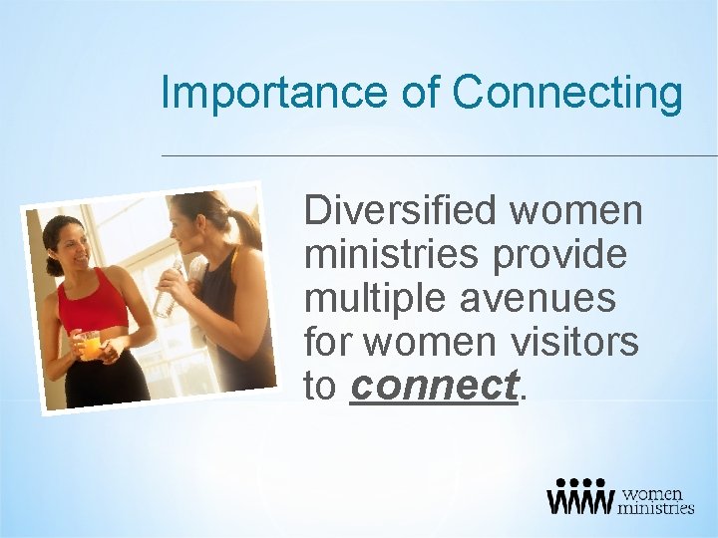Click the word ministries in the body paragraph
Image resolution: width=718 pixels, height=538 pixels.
(390, 255)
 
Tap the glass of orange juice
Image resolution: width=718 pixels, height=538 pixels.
(91, 345)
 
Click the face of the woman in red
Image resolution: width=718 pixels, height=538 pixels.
(73, 249)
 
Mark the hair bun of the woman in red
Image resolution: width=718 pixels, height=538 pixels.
(49, 265)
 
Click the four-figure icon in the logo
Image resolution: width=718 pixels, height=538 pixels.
(579, 496)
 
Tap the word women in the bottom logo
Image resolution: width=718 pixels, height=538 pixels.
(653, 492)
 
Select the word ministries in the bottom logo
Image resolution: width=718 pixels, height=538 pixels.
(655, 507)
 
